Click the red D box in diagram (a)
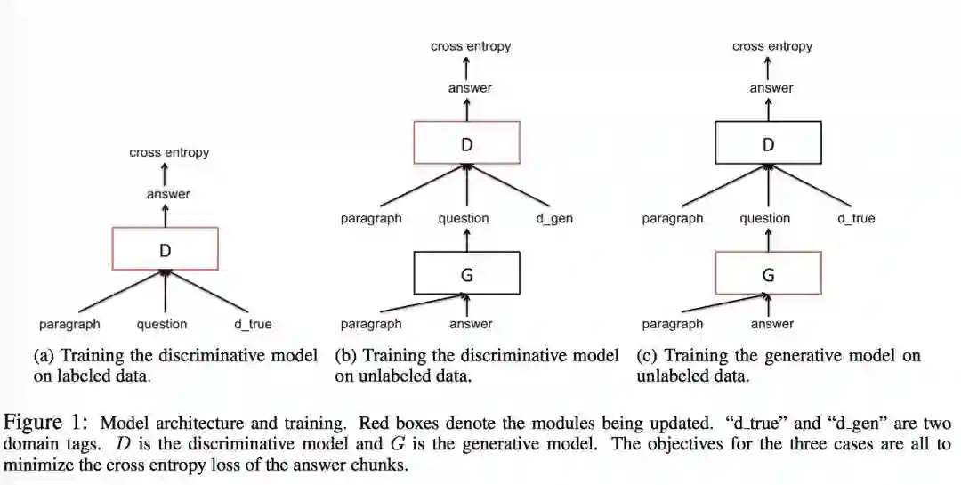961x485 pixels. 165,248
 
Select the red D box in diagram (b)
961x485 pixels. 466,142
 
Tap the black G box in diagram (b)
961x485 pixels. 466,273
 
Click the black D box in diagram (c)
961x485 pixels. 768,142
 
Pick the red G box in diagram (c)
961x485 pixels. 768,273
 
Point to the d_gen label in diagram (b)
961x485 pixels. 554,218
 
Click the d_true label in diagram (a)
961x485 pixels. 253,324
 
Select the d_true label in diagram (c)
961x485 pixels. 856,218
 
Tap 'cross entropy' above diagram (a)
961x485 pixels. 169,152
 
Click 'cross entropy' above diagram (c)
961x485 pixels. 772,46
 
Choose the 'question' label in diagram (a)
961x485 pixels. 162,324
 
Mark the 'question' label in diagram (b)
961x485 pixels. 464,218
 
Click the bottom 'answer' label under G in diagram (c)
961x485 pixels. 771,324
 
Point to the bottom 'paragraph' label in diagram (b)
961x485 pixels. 371,324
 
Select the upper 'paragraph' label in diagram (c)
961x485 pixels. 673,218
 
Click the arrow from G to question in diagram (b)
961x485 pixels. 466,238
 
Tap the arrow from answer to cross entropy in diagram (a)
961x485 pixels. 165,173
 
